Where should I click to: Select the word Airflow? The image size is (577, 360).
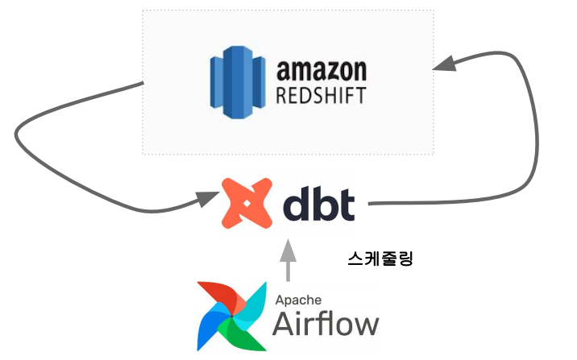click(x=326, y=323)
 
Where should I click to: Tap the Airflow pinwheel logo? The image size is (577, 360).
click(x=233, y=317)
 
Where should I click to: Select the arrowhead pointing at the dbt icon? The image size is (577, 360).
click(x=208, y=197)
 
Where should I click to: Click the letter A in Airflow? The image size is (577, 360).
click(x=284, y=324)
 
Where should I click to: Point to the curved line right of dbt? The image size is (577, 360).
click(x=528, y=161)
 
